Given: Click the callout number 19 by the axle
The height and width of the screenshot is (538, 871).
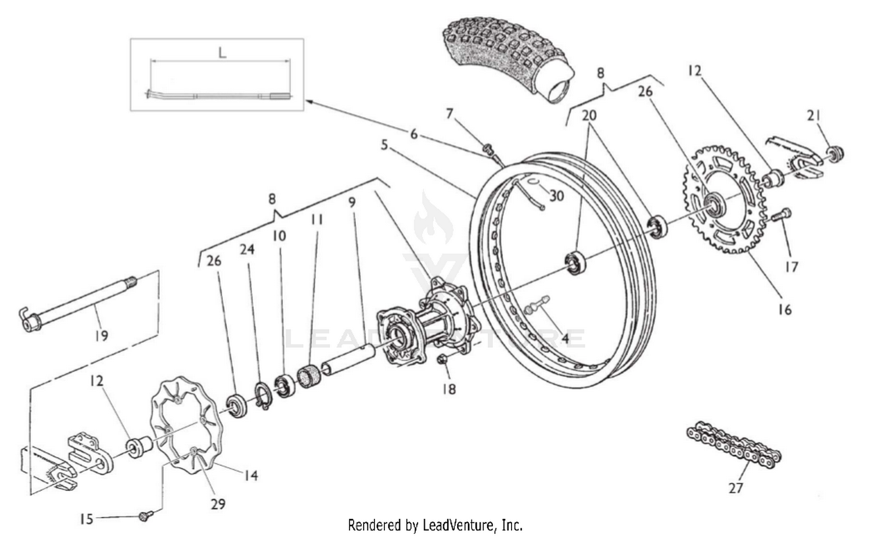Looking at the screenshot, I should click(101, 336).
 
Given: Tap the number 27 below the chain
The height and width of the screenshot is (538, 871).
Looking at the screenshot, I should click(736, 488).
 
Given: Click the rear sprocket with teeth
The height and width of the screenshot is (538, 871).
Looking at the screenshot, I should click(726, 200).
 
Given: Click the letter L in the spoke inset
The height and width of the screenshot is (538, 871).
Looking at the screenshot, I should click(222, 52).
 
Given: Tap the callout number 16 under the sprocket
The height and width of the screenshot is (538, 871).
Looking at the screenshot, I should click(784, 310).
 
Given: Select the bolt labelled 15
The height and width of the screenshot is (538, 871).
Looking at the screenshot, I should click(145, 515).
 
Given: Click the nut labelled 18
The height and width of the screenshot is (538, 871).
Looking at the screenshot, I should click(442, 361).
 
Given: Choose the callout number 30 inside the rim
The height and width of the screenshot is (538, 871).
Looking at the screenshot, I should click(556, 196).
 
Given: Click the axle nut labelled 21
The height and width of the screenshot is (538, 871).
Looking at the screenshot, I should click(835, 154).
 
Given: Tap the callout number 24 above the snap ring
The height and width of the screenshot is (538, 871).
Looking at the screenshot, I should click(247, 249).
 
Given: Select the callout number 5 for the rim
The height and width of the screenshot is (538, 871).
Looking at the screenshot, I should click(384, 145).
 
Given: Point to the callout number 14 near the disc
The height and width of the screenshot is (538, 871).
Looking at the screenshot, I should click(250, 476).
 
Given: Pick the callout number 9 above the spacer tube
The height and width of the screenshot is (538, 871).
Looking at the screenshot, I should click(352, 203).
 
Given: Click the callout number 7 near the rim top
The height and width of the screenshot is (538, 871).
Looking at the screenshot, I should click(449, 114).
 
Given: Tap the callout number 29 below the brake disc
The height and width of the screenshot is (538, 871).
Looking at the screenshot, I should click(218, 504).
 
